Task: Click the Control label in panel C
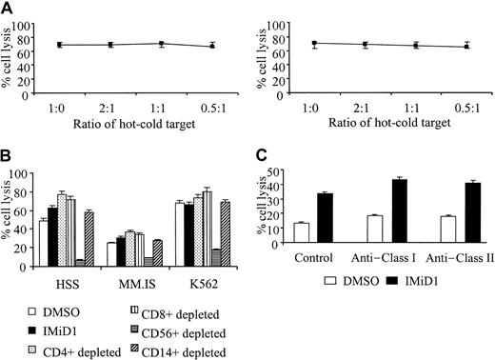pyautogui.click(x=312, y=259)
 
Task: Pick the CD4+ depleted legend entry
pyautogui.click(x=59, y=350)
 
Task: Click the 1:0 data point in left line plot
pyautogui.click(x=59, y=45)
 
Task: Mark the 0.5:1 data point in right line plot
pyautogui.click(x=465, y=46)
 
